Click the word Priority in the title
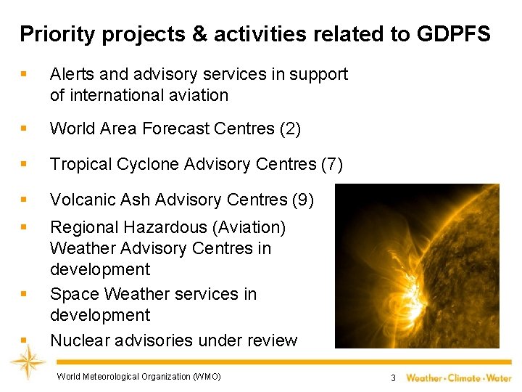click(x=49, y=33)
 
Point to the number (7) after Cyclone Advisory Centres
click(x=331, y=165)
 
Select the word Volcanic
click(x=78, y=200)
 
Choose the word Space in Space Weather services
click(x=74, y=294)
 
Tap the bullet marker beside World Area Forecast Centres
click(x=24, y=129)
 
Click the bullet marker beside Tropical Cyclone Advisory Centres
click(x=24, y=165)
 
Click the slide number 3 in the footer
click(x=392, y=377)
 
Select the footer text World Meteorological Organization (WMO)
click(x=138, y=376)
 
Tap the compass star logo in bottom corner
click(x=28, y=361)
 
